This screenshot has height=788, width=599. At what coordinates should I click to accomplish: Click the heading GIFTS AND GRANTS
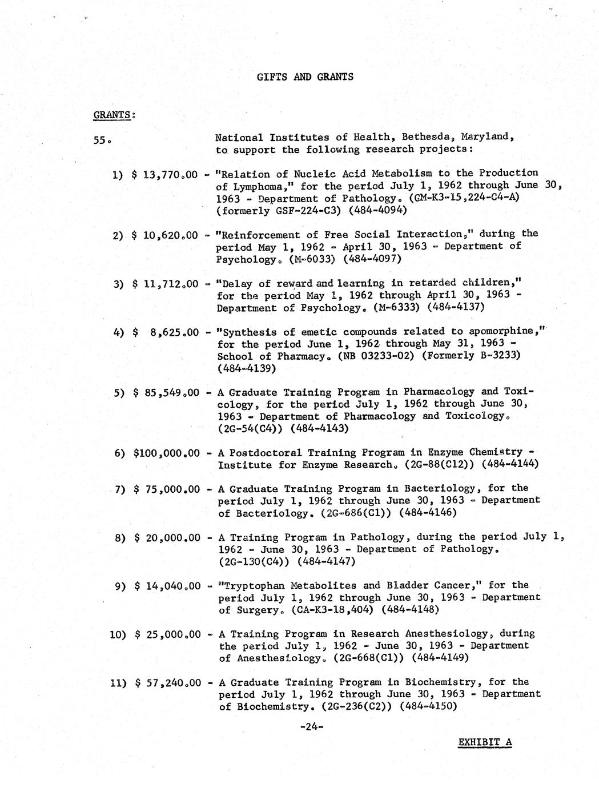point(304,77)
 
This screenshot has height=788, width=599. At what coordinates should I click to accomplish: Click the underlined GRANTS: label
point(113,114)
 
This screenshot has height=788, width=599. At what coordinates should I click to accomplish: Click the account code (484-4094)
point(374,211)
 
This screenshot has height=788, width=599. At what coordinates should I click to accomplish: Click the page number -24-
point(312,727)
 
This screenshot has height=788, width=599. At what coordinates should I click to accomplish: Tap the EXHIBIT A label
point(485,742)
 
